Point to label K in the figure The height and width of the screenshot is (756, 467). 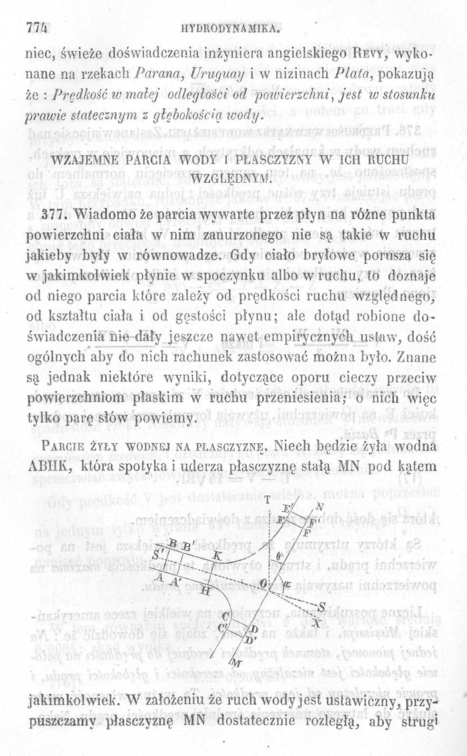pos(216,554)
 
